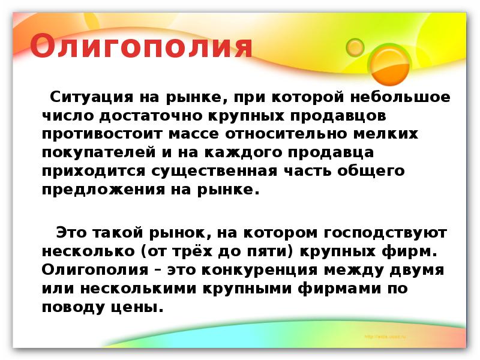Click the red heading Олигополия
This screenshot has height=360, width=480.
pyautogui.click(x=141, y=46)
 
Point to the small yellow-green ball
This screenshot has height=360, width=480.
pyautogui.click(x=355, y=47)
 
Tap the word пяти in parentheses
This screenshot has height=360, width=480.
pyautogui.click(x=253, y=250)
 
